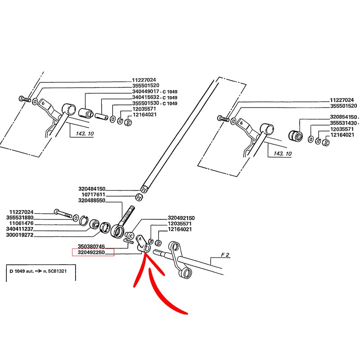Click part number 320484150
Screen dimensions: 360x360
point(91,189)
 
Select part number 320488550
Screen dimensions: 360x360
point(91,201)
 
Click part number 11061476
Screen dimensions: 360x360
point(22,224)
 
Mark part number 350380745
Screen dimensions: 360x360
point(91,247)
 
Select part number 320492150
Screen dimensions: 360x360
point(181,218)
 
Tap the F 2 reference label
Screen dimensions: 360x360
point(225,255)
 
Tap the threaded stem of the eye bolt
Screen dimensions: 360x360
point(130,213)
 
